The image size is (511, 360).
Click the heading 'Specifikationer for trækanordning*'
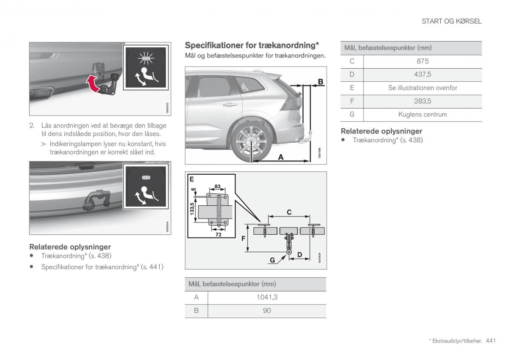[x=252, y=45]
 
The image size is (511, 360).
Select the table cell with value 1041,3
[x=267, y=297]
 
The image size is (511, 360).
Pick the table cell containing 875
[x=422, y=61]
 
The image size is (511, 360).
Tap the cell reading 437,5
[x=422, y=75]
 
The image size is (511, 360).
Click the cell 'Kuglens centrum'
[x=422, y=114]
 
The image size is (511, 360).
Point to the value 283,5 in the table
[x=422, y=101]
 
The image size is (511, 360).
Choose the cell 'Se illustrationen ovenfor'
[x=422, y=88]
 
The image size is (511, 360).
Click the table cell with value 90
[x=267, y=311]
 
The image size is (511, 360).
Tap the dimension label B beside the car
[x=320, y=81]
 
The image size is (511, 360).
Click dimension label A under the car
[x=281, y=157]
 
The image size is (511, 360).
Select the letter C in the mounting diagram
[x=289, y=212]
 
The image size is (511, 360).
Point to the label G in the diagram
[x=272, y=259]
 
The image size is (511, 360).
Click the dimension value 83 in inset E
[x=217, y=187]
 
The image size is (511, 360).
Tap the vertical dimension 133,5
[x=192, y=209]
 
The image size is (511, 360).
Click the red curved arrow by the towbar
[x=95, y=84]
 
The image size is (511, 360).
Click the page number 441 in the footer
[x=491, y=340]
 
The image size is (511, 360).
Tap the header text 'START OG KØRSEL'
[x=451, y=21]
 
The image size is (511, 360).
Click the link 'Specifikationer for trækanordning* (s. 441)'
[x=102, y=267]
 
